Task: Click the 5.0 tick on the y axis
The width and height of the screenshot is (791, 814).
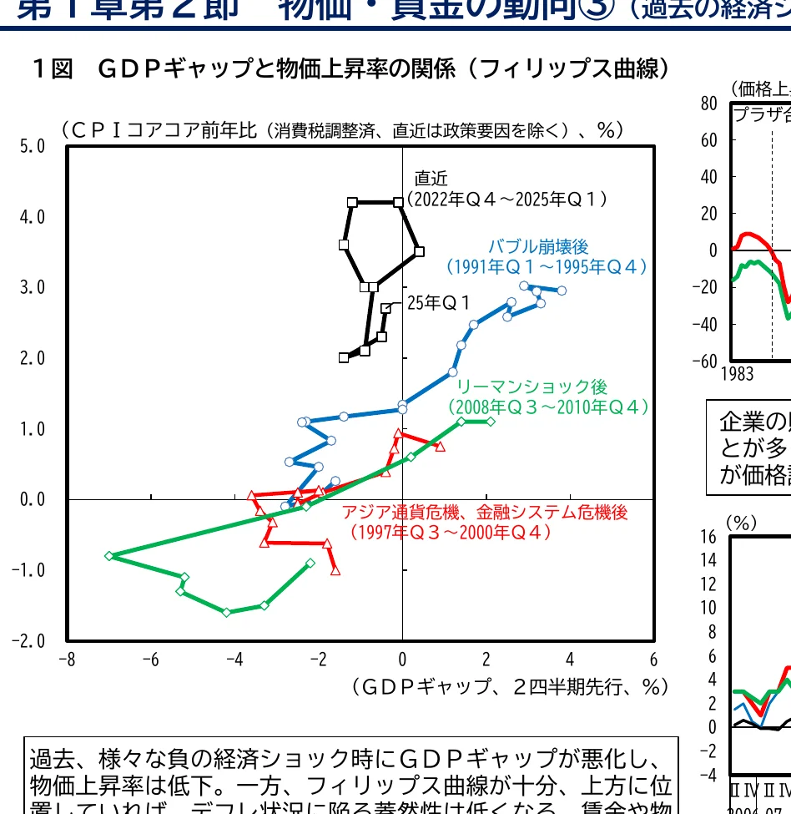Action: coord(33,147)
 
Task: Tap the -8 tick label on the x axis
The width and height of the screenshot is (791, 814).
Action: coord(67,659)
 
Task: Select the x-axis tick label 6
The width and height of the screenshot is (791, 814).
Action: coord(653,659)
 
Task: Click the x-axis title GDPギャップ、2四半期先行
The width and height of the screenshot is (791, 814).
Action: coord(509,686)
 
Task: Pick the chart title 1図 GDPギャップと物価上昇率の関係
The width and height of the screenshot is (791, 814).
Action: coord(350,68)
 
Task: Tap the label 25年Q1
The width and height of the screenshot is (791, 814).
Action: coord(439,303)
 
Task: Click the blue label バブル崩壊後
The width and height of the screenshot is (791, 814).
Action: coord(538,246)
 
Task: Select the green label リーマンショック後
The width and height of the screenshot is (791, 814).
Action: coord(532,387)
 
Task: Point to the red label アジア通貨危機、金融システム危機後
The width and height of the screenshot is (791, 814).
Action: coord(485,512)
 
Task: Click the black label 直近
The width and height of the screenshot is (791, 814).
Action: coord(431,178)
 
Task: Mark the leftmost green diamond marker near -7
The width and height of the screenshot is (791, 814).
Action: coord(109,555)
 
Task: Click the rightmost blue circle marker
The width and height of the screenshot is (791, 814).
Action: coord(562,291)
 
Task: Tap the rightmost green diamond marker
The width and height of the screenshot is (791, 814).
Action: coord(490,421)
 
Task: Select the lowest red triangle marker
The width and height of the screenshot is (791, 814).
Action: coord(335,571)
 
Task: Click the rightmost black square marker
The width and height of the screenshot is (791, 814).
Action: coord(419,251)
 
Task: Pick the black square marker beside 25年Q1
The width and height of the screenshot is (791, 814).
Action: coord(385,308)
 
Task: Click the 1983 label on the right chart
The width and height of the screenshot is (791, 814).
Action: coord(738,374)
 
